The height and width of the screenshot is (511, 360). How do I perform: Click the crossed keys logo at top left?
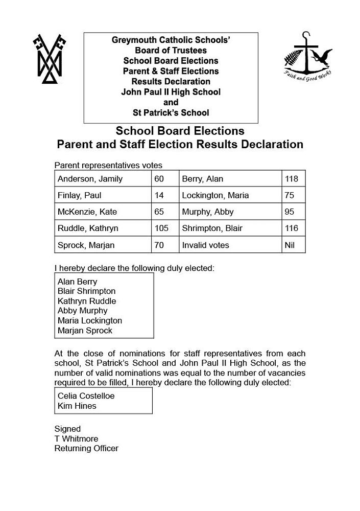coord(50,59)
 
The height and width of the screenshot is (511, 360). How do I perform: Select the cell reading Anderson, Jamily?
coord(90,179)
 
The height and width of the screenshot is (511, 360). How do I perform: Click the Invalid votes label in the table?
coord(205,245)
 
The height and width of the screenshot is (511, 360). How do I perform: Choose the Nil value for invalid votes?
coord(290,245)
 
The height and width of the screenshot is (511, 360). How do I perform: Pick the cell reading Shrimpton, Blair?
coord(212,228)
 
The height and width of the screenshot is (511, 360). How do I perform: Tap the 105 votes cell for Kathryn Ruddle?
coord(161,228)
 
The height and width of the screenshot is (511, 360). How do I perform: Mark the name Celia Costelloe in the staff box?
coord(86,396)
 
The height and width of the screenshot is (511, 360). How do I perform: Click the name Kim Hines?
coord(77,406)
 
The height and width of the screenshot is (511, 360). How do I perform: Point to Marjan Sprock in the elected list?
coord(85,331)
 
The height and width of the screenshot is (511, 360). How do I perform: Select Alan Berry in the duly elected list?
coord(77,282)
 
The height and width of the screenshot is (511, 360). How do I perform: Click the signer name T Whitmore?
coord(76,438)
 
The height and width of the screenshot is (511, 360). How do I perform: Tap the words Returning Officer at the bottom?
coord(86,448)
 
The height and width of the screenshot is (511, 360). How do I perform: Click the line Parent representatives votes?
coord(108,165)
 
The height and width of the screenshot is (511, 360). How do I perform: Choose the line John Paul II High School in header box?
coord(171,92)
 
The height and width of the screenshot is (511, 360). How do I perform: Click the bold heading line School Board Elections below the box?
coord(180,131)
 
